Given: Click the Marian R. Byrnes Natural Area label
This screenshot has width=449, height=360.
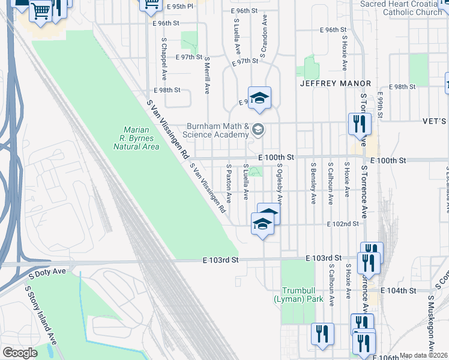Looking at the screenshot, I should point(141,137).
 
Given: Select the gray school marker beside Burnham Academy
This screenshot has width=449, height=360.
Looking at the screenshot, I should point(258,129).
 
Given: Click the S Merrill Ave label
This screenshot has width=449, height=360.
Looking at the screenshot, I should point(207,76).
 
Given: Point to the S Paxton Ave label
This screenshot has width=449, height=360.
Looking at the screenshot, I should point(229,182).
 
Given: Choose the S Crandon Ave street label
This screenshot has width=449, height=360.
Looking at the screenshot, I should point(263,39).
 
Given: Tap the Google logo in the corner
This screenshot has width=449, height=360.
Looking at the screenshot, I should point(20,353).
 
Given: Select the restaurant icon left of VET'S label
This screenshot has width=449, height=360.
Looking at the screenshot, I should point(360,124).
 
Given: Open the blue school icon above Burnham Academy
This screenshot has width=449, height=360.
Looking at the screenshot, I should point(259,98).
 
